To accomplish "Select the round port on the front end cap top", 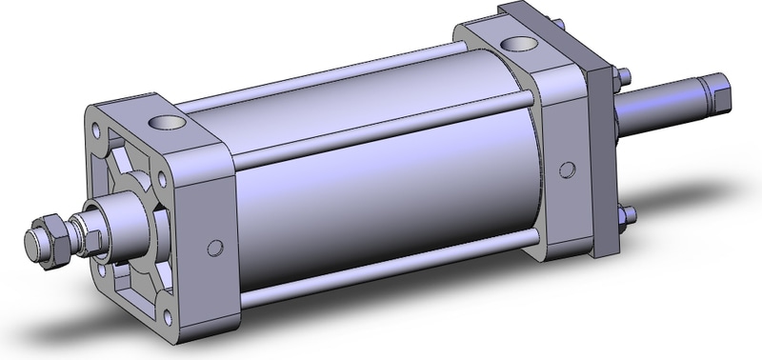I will (167, 122).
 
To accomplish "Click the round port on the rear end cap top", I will (520, 43).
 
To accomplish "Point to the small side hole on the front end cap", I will (211, 249).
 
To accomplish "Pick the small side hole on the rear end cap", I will (568, 170).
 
